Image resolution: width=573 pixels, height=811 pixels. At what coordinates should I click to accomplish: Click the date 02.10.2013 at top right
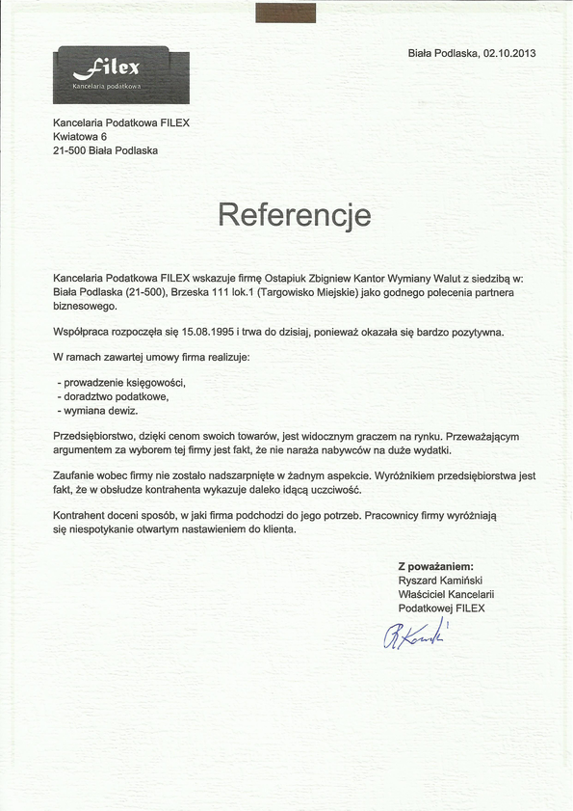pos(509,53)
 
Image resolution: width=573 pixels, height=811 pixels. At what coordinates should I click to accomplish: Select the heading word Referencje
pos(295,213)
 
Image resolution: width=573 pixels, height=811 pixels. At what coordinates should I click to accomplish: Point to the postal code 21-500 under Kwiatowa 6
pos(70,151)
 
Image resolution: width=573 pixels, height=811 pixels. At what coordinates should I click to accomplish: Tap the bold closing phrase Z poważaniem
pos(436,566)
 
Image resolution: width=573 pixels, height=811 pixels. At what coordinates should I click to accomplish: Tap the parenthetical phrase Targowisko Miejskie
pos(313,291)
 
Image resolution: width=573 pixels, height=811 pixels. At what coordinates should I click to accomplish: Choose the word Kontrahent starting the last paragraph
pos(83,516)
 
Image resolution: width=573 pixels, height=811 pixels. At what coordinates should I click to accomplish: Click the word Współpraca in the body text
pos(83,332)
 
